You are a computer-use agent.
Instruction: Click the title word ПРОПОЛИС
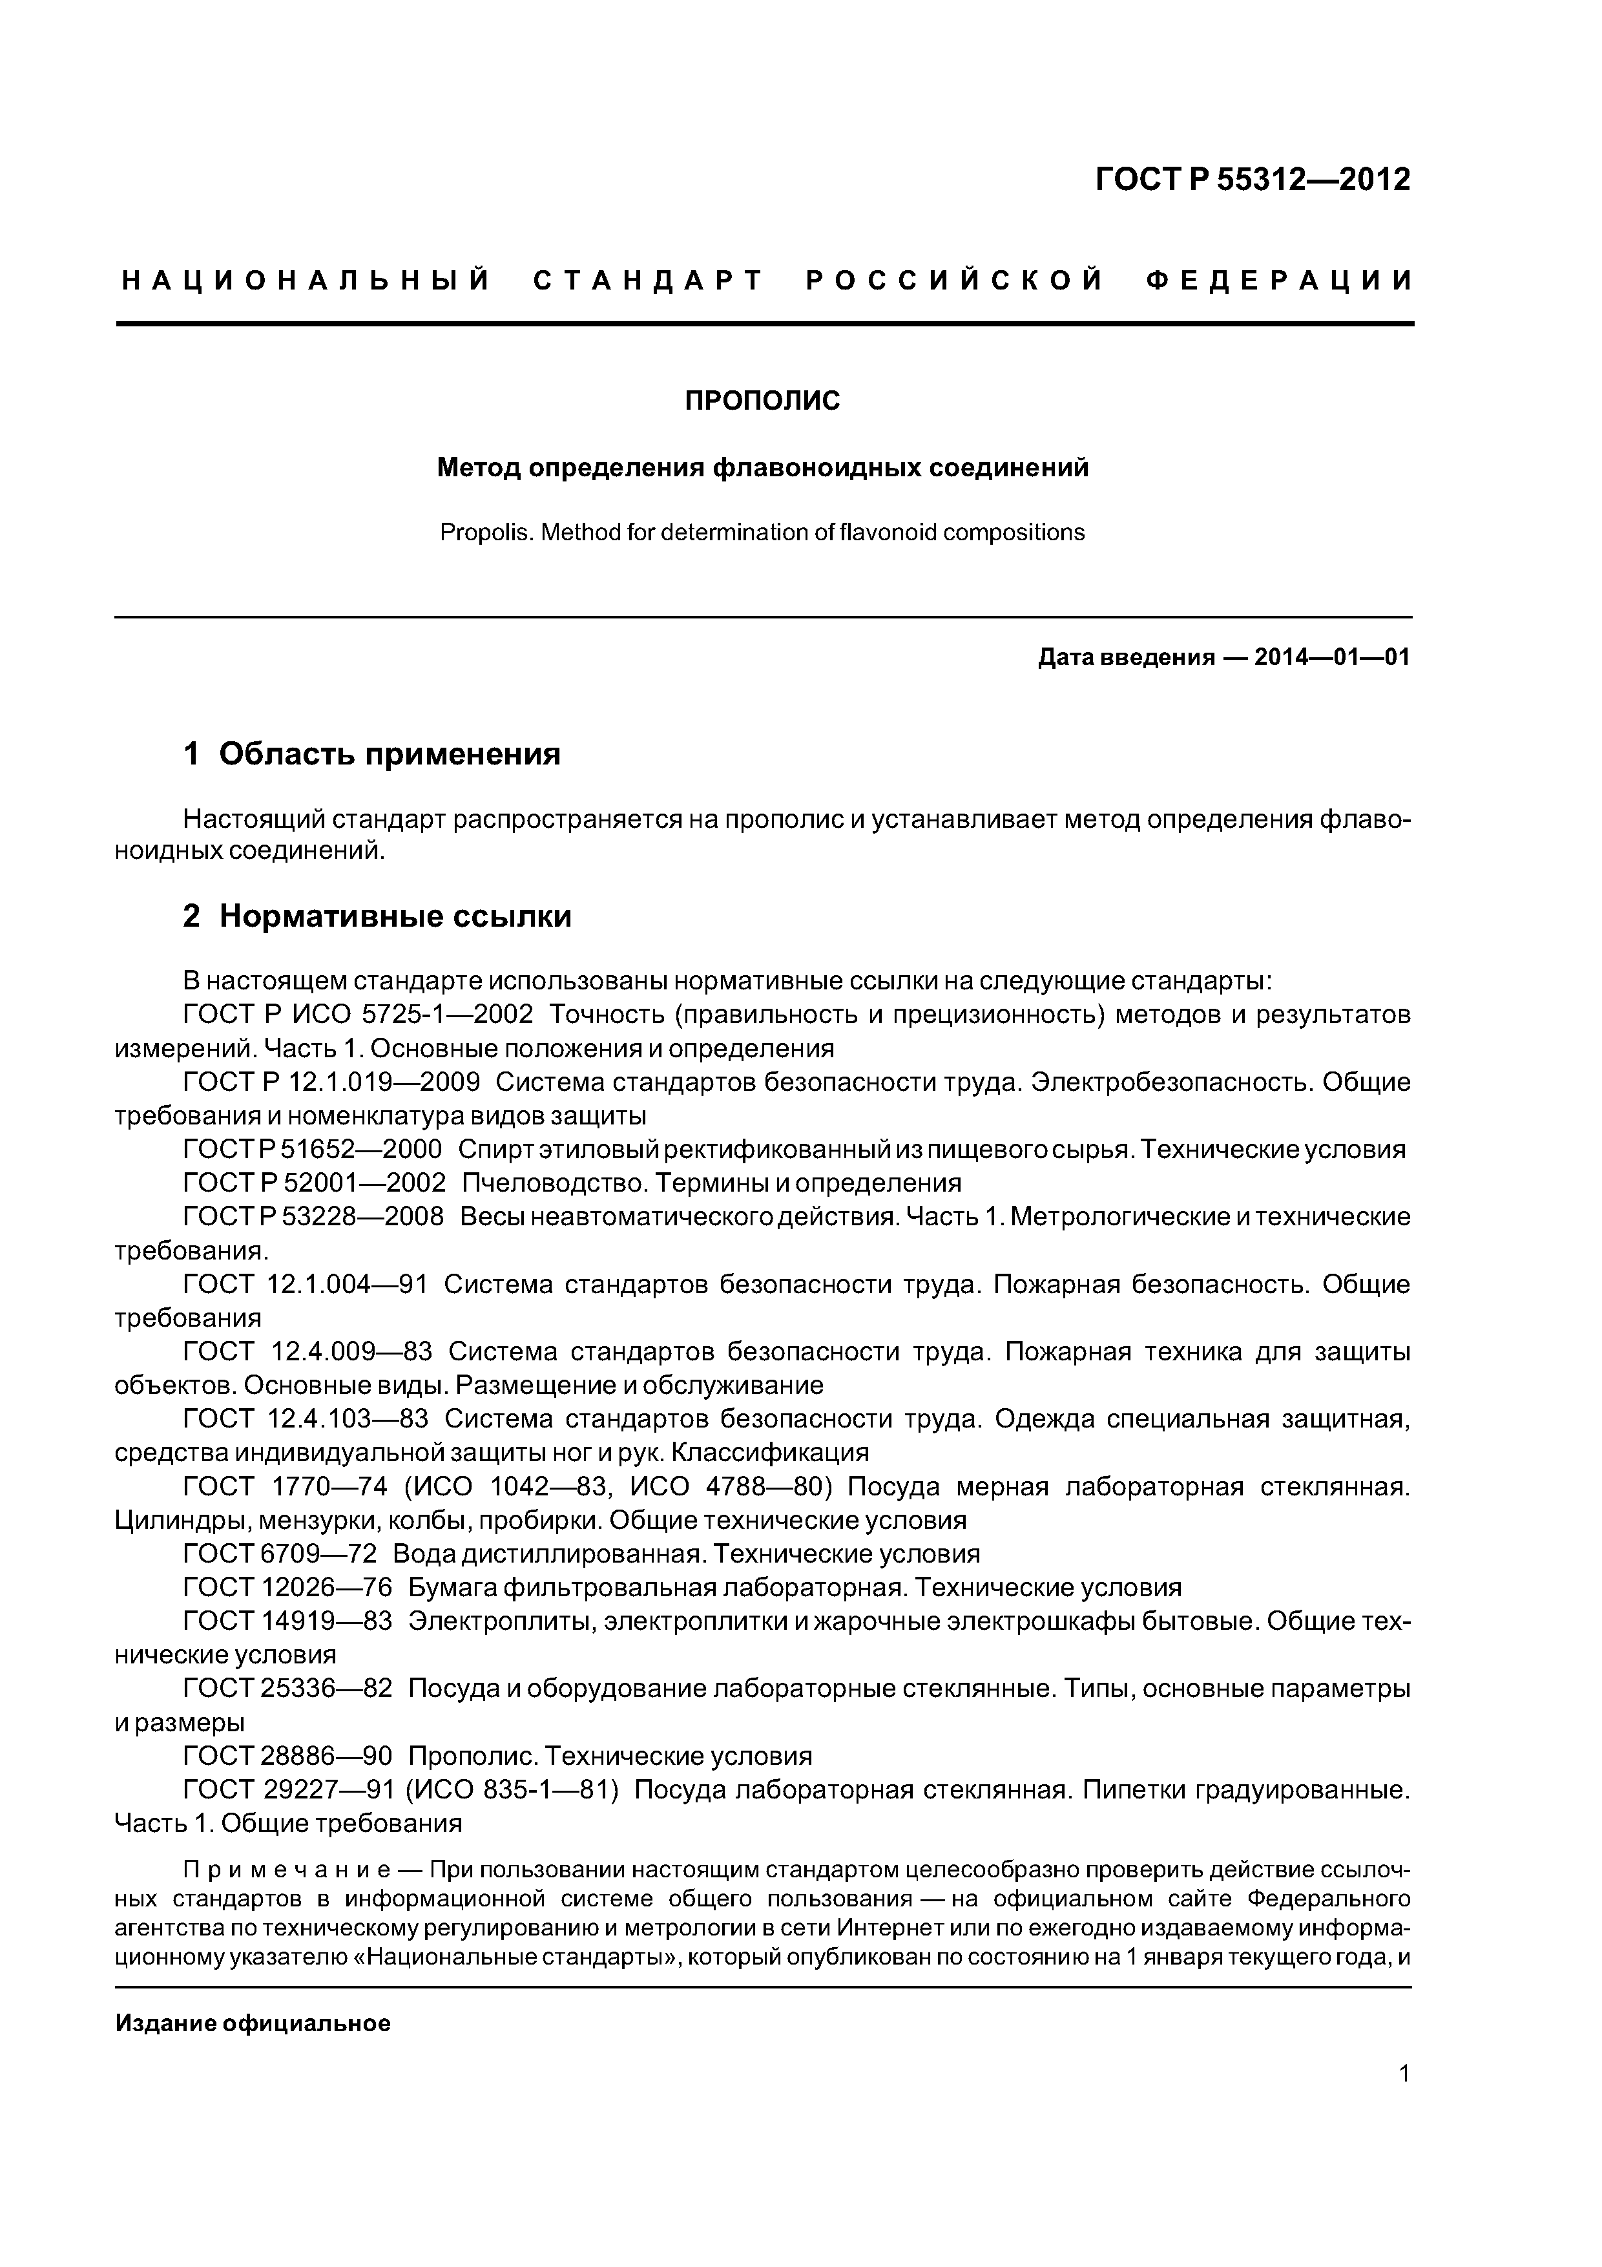pos(762,401)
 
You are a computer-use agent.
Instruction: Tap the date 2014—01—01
pos(1331,658)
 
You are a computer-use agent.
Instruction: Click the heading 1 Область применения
pos(371,754)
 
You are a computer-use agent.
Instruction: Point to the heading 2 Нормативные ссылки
pos(377,916)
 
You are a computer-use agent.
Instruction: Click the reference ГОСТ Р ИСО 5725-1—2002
pos(359,1014)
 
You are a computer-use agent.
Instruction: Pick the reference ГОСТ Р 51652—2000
pos(313,1149)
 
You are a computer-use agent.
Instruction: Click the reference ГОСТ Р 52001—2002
pos(315,1183)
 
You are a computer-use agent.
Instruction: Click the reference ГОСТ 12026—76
pos(287,1588)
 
